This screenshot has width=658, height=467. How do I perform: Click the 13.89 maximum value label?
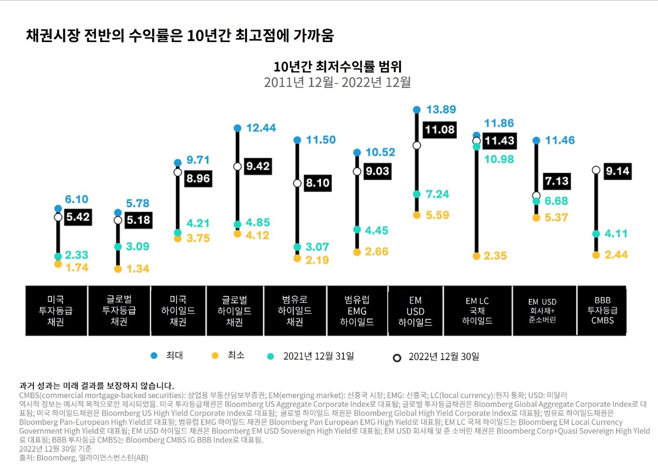(441, 110)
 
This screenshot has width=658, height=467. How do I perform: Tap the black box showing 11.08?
(440, 130)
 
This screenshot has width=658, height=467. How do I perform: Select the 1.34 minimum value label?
(138, 269)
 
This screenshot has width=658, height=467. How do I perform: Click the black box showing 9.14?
(617, 171)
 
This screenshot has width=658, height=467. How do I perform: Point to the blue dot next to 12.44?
(237, 128)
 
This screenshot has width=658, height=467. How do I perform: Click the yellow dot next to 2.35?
(476, 256)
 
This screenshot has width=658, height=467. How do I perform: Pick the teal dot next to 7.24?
(417, 194)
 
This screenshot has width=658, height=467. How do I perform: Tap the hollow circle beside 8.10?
(297, 183)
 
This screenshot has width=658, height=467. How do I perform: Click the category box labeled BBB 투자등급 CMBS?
(602, 311)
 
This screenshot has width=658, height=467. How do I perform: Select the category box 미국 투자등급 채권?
(56, 311)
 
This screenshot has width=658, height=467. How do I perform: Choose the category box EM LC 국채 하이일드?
(477, 311)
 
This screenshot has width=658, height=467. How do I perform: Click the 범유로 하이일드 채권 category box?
(295, 311)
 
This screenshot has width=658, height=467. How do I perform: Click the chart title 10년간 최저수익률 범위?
(338, 66)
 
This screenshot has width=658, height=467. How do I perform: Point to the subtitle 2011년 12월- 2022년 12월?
(338, 83)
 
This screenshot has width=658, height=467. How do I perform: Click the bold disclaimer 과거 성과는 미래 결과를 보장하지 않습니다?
(96, 385)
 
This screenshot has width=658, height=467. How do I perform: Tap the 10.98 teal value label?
(499, 159)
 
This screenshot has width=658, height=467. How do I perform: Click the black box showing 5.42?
(78, 218)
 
